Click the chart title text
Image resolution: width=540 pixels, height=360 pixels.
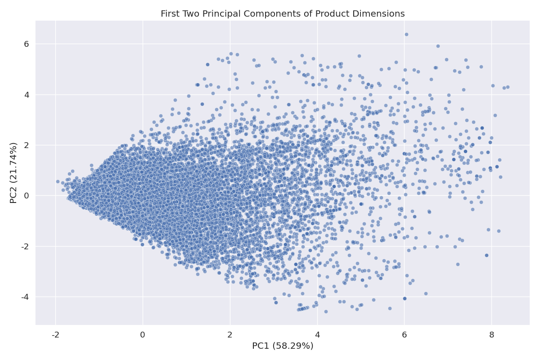click(283, 14)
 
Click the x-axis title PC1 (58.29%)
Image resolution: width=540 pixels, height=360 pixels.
click(283, 346)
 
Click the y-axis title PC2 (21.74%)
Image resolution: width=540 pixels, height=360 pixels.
click(14, 173)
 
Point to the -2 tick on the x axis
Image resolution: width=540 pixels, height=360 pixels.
click(55, 335)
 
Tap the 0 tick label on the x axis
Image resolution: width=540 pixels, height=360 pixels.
click(143, 335)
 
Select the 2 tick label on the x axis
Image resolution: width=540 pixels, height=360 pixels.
click(230, 335)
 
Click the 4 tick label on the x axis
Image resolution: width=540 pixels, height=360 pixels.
click(317, 335)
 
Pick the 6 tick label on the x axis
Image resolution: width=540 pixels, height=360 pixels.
click(404, 335)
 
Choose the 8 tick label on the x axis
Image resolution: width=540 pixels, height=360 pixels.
click(491, 335)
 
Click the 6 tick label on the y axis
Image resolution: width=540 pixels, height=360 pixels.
click(26, 44)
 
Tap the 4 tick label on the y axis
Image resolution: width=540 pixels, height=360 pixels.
click(26, 94)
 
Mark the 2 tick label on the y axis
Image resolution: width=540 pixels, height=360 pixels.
click(26, 145)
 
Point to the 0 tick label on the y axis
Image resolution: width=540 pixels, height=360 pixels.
click(26, 196)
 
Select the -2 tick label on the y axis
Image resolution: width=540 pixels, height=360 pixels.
click(25, 247)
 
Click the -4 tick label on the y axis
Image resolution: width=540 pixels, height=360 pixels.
click(25, 297)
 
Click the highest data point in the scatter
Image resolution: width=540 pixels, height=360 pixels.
click(406, 34)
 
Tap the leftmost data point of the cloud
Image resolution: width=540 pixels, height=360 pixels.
click(58, 182)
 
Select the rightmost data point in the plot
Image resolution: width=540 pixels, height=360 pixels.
click(508, 87)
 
